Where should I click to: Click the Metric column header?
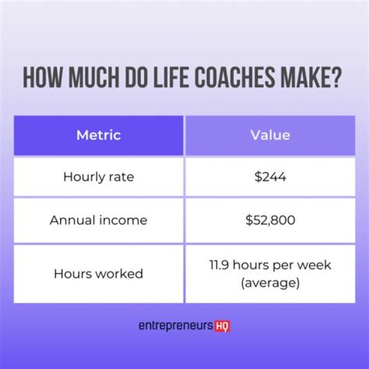point(98,135)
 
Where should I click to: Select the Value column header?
point(270,135)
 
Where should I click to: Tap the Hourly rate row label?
point(98,177)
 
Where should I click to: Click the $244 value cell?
point(270,177)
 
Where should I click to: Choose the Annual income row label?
point(98,220)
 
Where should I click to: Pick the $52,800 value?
point(270,220)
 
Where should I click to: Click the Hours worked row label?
point(98,274)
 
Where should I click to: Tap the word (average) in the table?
point(270,282)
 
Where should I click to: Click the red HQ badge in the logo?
point(222,326)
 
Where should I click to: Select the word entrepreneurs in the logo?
point(176,326)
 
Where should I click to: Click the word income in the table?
point(124,220)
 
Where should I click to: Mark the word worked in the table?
point(119,274)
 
